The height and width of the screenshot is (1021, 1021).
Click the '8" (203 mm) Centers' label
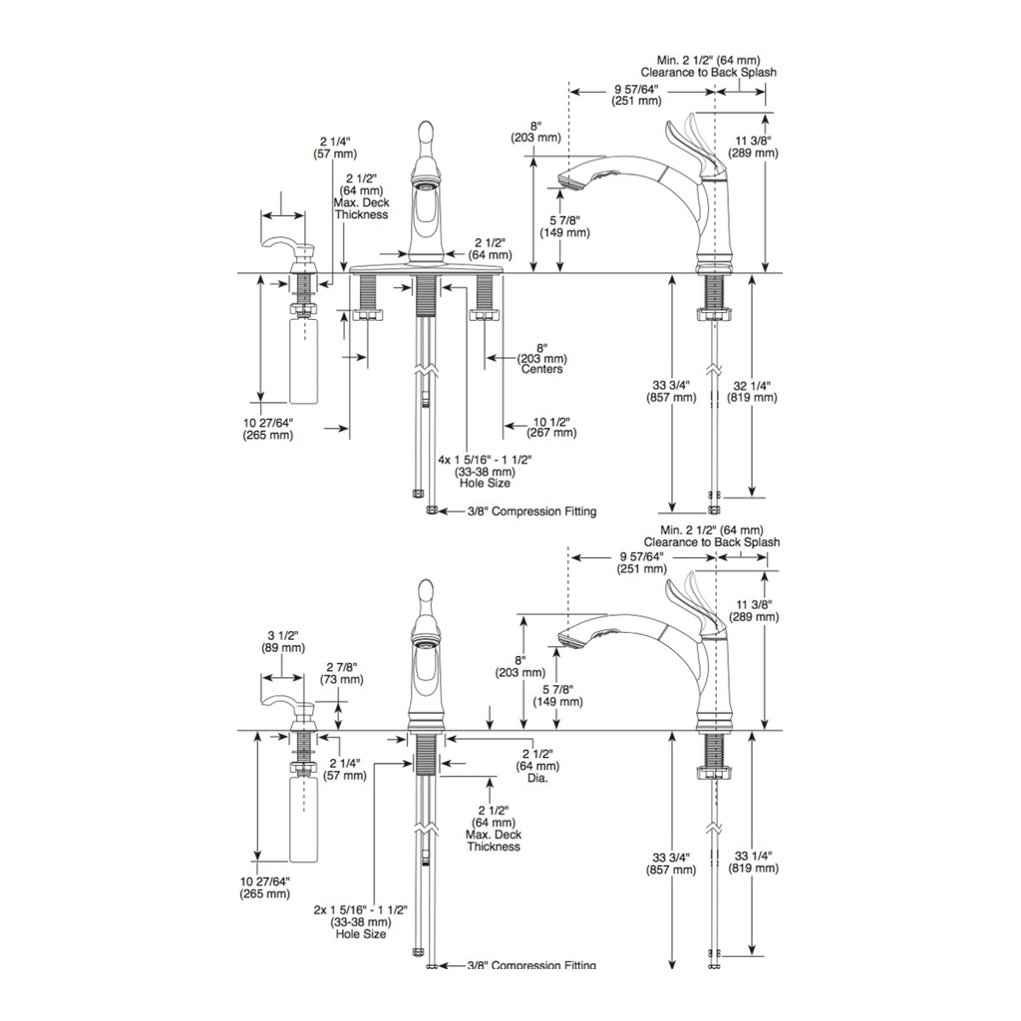[x=541, y=359]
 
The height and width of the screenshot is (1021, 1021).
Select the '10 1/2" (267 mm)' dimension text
[x=551, y=427]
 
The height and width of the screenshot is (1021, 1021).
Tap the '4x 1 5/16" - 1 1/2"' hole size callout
[x=486, y=460]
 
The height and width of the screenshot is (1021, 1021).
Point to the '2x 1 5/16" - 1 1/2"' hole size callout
[x=360, y=909]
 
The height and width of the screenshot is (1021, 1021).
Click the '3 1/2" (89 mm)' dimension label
[x=283, y=641]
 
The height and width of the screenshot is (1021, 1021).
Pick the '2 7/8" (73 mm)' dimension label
[x=342, y=673]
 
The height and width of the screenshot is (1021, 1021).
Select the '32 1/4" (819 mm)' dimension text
[x=752, y=391]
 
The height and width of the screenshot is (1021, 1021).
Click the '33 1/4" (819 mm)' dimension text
[x=754, y=862]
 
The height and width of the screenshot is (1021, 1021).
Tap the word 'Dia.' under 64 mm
[x=537, y=778]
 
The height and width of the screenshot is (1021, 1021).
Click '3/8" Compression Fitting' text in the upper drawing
[x=531, y=511]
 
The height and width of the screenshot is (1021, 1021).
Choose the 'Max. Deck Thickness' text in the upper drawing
[x=361, y=209]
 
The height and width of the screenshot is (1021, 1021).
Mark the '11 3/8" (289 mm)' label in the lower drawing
[x=754, y=611]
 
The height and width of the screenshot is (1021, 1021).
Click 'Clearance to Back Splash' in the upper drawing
[x=709, y=72]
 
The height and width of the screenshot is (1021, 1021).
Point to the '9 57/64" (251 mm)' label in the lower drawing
[x=642, y=562]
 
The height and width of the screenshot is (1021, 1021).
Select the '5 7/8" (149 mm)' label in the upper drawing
[x=564, y=226]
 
